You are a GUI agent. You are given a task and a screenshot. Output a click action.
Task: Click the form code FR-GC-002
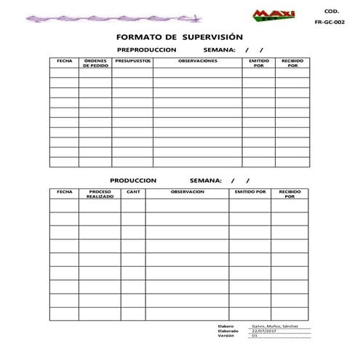(329, 23)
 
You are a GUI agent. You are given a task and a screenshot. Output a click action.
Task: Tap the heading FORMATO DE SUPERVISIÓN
(180, 37)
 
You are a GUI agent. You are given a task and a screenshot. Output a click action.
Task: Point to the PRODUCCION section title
(133, 180)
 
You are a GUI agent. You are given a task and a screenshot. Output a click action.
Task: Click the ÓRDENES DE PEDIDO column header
(95, 63)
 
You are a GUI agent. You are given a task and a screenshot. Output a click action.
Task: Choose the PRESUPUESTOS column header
(132, 61)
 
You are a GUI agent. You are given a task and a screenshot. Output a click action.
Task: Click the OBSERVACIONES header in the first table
(198, 61)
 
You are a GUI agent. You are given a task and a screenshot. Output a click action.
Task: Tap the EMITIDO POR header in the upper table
(258, 63)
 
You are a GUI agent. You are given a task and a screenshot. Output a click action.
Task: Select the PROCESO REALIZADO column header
(100, 194)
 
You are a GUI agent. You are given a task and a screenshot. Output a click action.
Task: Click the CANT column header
(133, 192)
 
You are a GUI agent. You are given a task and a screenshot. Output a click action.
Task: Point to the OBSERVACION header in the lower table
(187, 192)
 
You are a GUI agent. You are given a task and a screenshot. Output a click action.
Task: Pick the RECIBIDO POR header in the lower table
(289, 194)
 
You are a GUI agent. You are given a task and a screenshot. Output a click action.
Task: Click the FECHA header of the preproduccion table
(64, 61)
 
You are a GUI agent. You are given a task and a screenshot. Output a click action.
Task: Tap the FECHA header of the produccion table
(64, 192)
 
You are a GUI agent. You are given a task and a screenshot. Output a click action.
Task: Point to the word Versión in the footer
(226, 336)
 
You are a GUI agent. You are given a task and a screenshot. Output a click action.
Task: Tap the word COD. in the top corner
(331, 10)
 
